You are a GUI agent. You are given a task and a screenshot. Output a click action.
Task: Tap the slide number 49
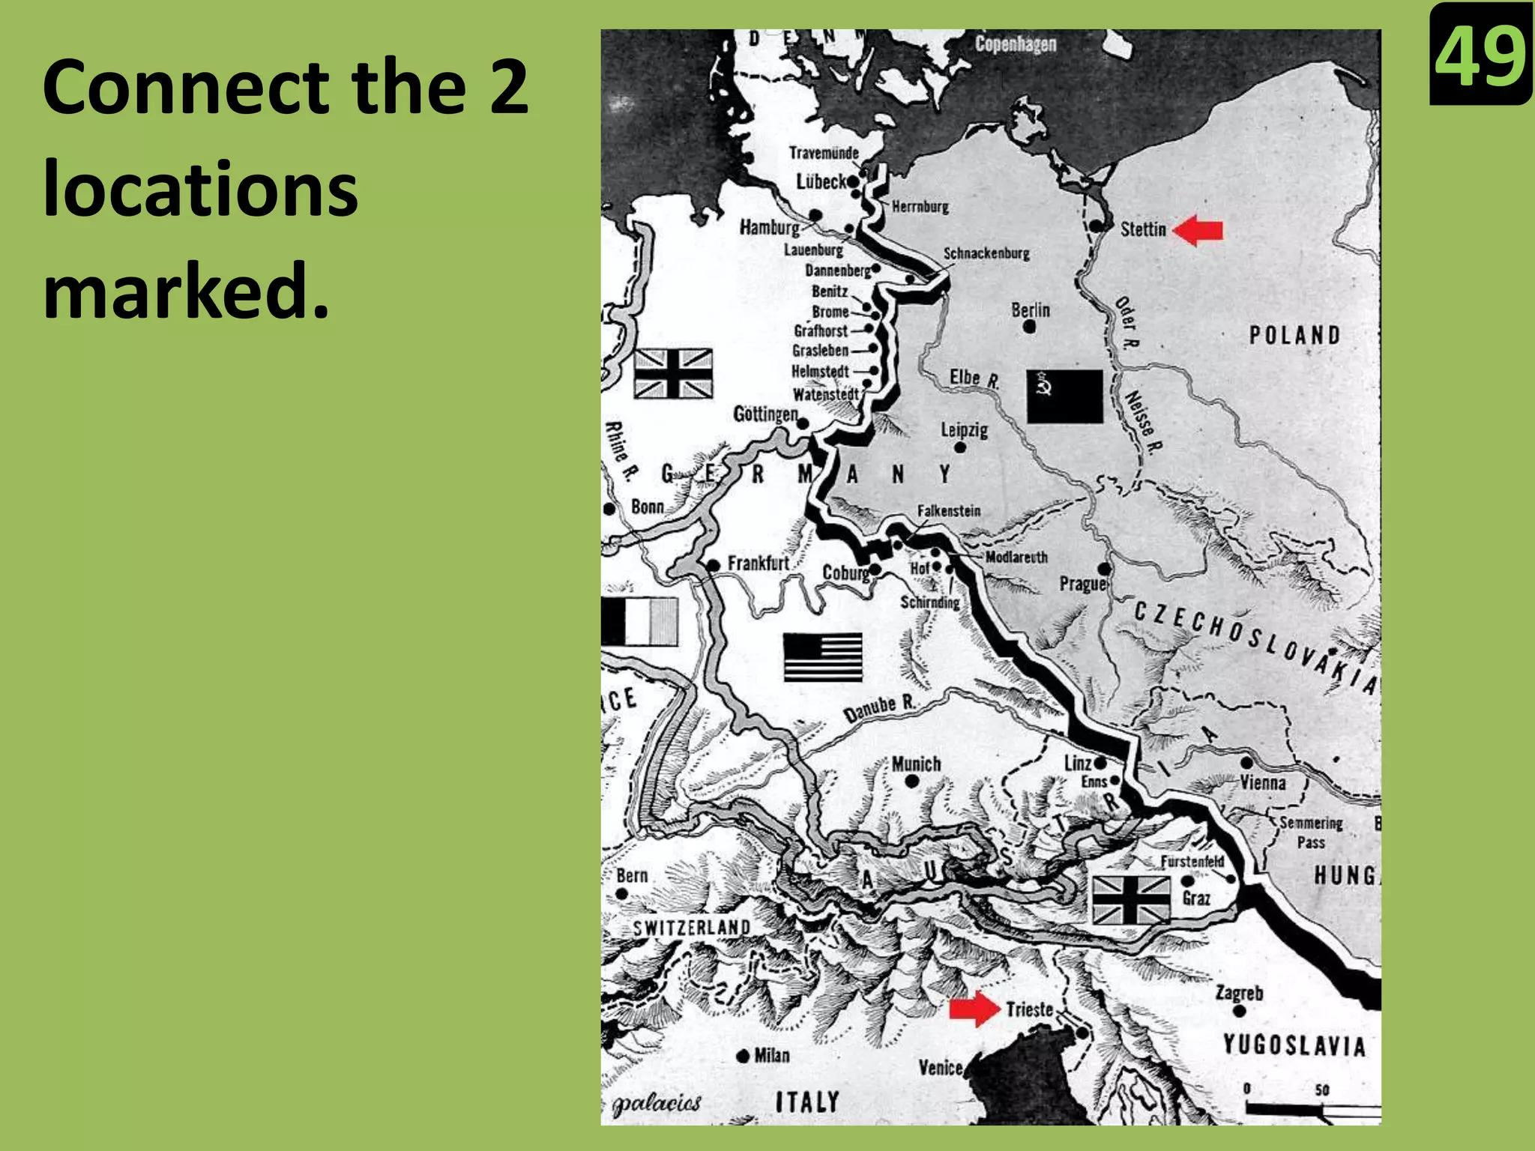point(1480,55)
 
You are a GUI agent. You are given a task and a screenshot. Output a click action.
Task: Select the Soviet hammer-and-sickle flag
point(1064,396)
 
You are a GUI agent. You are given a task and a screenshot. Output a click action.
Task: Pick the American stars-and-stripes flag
point(822,657)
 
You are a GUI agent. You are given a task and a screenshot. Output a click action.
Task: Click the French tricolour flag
point(639,621)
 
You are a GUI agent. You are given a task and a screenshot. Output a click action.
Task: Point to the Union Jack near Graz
point(1130,899)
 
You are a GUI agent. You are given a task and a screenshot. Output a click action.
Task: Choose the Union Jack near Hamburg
point(673,373)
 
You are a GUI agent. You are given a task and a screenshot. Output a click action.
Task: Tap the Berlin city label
point(1031,309)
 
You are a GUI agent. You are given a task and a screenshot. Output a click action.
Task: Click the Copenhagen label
point(1016,44)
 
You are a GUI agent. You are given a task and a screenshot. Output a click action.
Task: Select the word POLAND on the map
point(1294,335)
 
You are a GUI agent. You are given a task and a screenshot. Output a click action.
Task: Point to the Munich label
point(916,764)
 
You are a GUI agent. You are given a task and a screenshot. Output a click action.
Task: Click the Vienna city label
point(1263,782)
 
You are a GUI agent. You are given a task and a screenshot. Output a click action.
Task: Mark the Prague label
point(1082,583)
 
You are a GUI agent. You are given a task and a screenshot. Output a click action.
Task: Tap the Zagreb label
point(1239,993)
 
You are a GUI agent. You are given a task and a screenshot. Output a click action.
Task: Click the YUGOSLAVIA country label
point(1294,1045)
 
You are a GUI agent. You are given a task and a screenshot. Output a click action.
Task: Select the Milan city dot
point(743,1057)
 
